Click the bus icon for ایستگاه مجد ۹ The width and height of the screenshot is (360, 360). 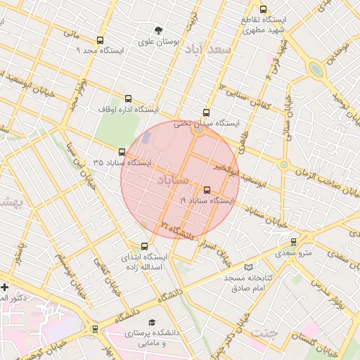[99, 40]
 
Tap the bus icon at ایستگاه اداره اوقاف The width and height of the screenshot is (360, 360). [127, 99]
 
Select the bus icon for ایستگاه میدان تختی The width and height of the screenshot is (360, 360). [206, 112]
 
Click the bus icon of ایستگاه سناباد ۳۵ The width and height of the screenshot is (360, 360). [122, 152]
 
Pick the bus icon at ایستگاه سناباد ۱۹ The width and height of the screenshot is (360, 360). [206, 190]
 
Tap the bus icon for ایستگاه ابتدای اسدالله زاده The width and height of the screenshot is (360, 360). [144, 246]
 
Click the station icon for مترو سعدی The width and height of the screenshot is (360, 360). [293, 242]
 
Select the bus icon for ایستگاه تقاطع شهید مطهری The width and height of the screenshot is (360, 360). [263, 10]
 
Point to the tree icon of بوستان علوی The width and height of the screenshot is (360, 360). [158, 31]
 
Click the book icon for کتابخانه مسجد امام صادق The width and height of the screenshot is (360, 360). [247, 267]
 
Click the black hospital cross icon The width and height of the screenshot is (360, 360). [5, 287]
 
